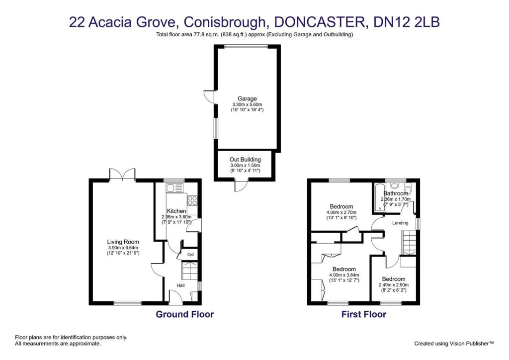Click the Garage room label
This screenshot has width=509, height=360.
(x=247, y=98)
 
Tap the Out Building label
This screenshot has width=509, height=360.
(x=245, y=159)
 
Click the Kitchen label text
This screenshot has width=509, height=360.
(x=176, y=211)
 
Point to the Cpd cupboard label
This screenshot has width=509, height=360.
(x=190, y=255)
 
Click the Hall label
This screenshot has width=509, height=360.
(x=182, y=285)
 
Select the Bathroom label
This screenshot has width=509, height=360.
(x=395, y=193)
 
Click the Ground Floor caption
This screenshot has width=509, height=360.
(x=185, y=314)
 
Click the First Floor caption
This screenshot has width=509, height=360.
(x=363, y=314)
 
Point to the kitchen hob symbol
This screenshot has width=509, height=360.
(x=192, y=200)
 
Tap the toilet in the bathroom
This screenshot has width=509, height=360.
(x=408, y=188)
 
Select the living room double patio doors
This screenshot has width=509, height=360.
(x=122, y=174)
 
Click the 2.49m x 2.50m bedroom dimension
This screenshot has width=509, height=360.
(x=394, y=285)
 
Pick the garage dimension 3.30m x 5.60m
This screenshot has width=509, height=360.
(x=247, y=104)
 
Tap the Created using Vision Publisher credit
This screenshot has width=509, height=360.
(x=454, y=343)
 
